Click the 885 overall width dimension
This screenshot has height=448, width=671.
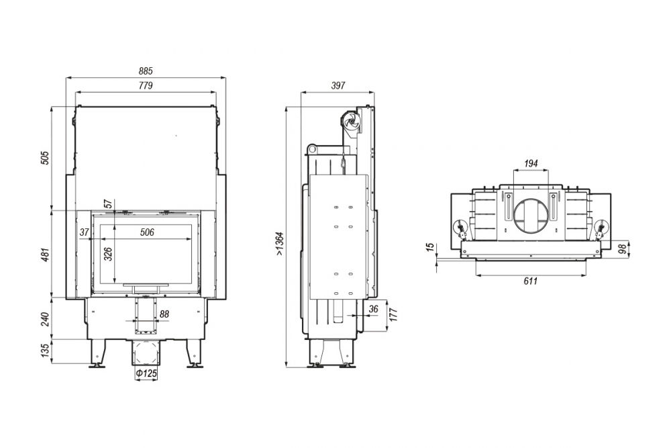[146, 71]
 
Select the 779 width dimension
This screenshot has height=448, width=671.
[146, 86]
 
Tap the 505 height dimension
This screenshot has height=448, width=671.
[46, 158]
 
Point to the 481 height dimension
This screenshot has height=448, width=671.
[46, 255]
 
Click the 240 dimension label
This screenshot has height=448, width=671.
[46, 319]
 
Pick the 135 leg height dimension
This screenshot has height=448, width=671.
[46, 351]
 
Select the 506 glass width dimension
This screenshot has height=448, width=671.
[147, 232]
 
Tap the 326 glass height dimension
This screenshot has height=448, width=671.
[108, 254]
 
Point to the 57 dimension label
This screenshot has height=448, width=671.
[108, 204]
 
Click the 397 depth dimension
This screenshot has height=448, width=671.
[338, 86]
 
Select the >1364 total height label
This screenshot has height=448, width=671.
[279, 244]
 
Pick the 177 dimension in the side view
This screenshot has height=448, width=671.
[394, 314]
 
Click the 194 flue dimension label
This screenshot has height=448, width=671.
[531, 163]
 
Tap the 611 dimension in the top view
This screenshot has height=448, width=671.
[531, 281]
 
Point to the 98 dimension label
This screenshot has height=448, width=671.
[623, 249]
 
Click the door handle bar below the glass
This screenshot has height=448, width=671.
[146, 284]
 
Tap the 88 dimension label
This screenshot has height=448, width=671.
[164, 314]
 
